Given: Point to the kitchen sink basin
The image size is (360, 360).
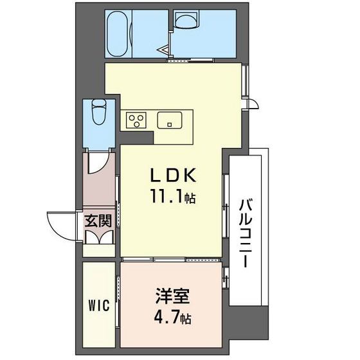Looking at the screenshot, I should pos(170,120).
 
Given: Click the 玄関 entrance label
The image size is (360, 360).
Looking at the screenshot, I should pos(98,221).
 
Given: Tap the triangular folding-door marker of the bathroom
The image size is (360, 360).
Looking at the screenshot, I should pos(166,49).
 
